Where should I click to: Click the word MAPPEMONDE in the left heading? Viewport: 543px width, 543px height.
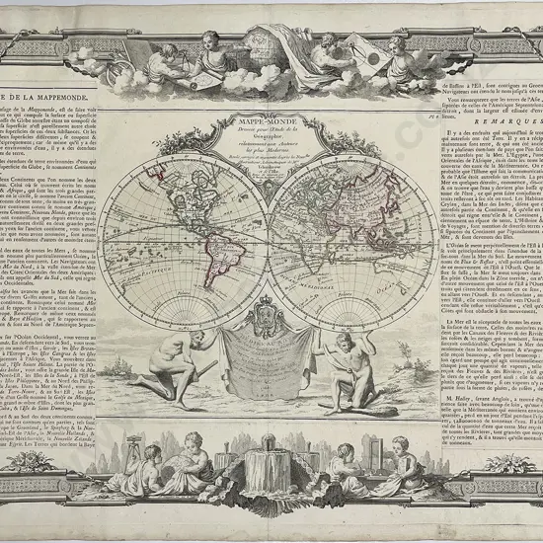[44, 95]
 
